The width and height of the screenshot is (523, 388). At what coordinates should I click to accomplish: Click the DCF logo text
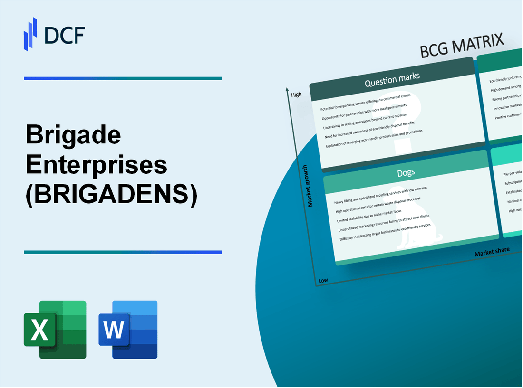(x=66, y=34)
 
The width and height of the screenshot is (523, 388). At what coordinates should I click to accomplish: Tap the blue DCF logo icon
(x=30, y=34)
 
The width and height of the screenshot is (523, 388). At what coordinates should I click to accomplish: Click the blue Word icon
(x=128, y=329)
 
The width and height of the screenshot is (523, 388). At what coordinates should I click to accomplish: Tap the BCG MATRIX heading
(x=462, y=46)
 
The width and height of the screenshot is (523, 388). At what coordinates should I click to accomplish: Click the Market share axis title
(x=492, y=252)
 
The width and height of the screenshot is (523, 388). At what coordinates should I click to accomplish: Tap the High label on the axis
(x=296, y=95)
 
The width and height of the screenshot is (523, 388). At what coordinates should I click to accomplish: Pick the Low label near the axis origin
(x=323, y=280)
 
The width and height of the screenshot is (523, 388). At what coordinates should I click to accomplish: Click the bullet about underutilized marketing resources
(x=382, y=224)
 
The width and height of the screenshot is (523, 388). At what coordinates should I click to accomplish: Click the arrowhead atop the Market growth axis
(x=288, y=89)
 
